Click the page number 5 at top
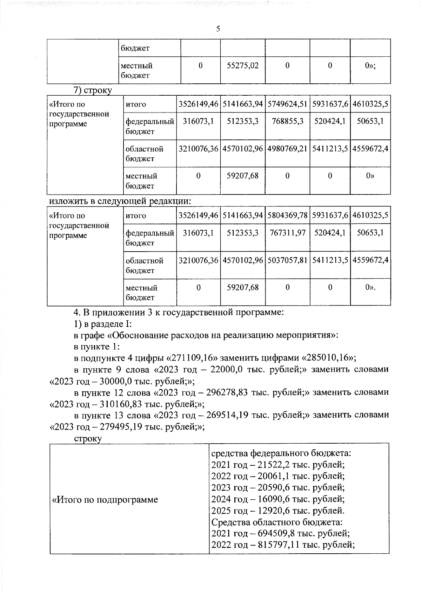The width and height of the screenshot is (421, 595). coord(218,29)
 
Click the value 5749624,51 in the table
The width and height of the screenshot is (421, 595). coord(287,104)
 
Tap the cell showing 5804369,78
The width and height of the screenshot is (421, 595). coord(287,216)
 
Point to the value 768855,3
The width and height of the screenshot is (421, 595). coord(287,121)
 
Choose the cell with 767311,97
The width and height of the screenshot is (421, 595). coord(287,233)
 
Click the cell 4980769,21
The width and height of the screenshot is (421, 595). coord(287,149)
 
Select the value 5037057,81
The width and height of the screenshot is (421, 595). coord(287,260)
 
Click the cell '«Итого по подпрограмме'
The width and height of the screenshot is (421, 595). coord(105,499)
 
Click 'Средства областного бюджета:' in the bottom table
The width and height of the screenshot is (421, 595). coord(277,522)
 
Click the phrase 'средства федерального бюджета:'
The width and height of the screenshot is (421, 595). coord(281,453)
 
